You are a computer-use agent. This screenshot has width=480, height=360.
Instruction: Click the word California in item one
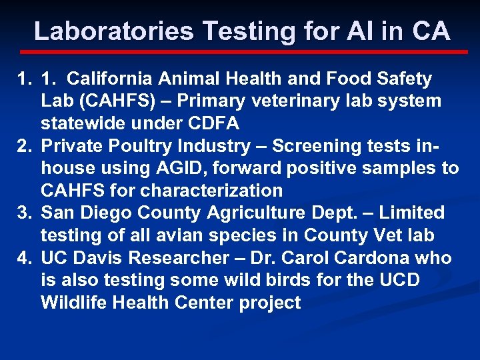pos(110,79)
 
